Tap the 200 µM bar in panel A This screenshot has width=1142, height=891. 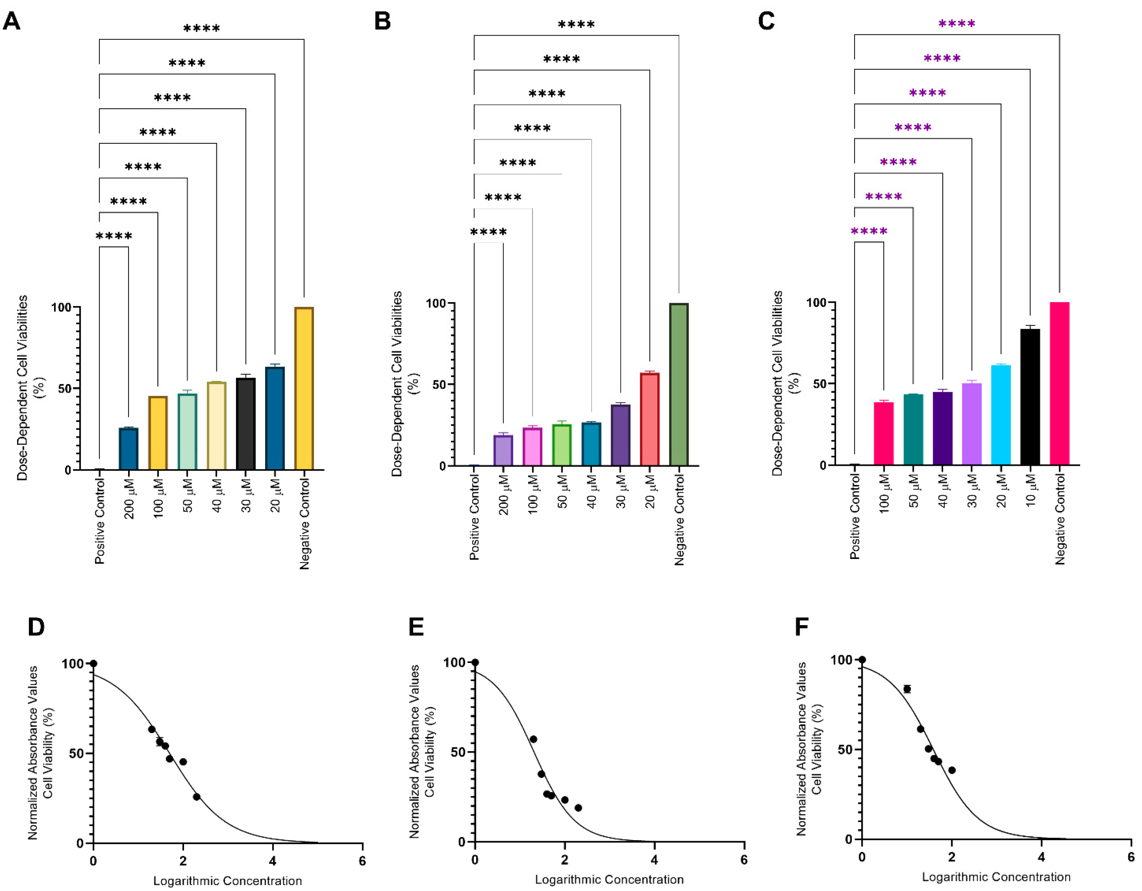[x=128, y=449]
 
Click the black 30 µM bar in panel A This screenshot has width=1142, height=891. [x=246, y=423]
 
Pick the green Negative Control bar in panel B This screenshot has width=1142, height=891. [x=679, y=384]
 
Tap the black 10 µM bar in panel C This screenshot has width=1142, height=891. [x=1030, y=397]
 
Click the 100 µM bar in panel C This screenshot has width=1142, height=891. [x=884, y=433]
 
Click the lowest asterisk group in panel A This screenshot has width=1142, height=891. [x=114, y=236]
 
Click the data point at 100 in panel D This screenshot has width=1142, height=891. [x=94, y=664]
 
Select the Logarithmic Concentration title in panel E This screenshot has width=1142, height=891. [x=609, y=880]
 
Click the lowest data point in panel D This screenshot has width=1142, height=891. [x=196, y=797]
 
